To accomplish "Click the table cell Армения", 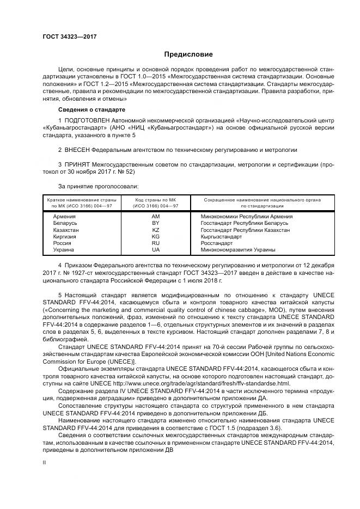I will pyautogui.click(x=64, y=216).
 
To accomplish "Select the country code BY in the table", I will pyautogui.click(x=155, y=223).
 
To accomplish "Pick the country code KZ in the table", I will pyautogui.click(x=155, y=230).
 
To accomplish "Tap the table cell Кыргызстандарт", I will pyautogui.click(x=221, y=237).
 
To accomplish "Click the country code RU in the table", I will pyautogui.click(x=155, y=243).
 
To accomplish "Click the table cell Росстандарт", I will pyautogui.click(x=216, y=243).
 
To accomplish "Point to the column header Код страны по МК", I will pyautogui.click(x=155, y=200).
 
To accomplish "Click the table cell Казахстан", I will pyautogui.click(x=66, y=230).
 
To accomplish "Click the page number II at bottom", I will pyautogui.click(x=45, y=462).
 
